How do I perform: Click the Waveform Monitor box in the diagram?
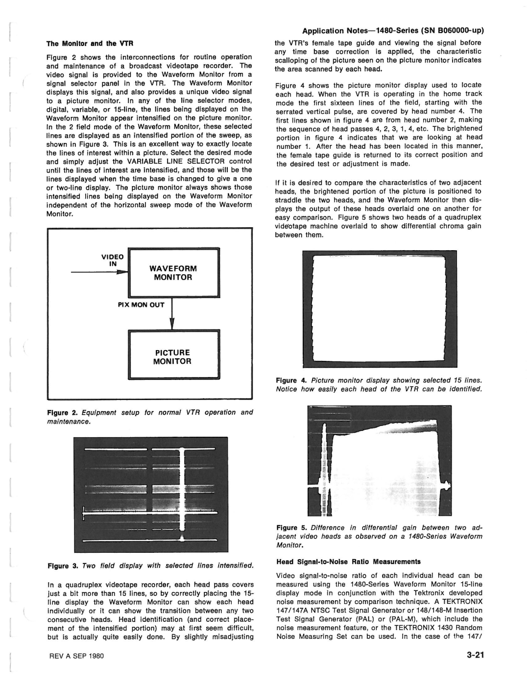click(x=173, y=273)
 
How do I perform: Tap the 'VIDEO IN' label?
click(x=114, y=260)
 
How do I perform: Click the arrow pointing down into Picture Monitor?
click(x=172, y=324)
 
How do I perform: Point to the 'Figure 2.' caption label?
click(x=61, y=412)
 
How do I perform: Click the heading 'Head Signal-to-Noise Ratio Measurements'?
click(x=348, y=562)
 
